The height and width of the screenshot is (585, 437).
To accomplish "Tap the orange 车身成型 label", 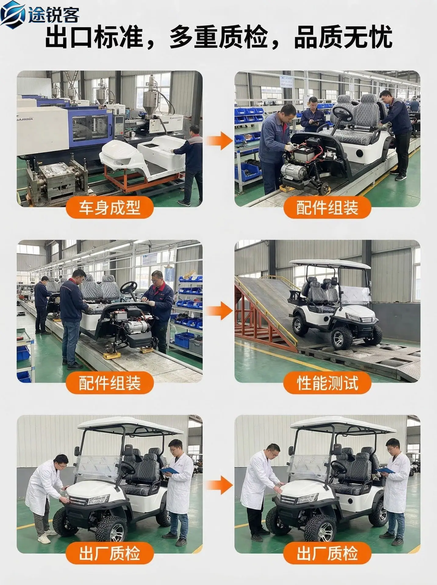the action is click(109, 207).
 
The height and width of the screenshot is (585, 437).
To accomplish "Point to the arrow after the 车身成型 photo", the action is click(219, 140).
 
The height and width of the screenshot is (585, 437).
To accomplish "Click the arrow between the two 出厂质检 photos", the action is click(219, 486).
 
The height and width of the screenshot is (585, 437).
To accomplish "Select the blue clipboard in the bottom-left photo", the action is click(169, 470).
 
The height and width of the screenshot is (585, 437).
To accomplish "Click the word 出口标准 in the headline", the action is click(94, 37).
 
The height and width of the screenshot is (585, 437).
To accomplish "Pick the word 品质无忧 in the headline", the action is click(343, 37).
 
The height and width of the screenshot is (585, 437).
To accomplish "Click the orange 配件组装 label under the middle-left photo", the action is click(109, 383).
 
